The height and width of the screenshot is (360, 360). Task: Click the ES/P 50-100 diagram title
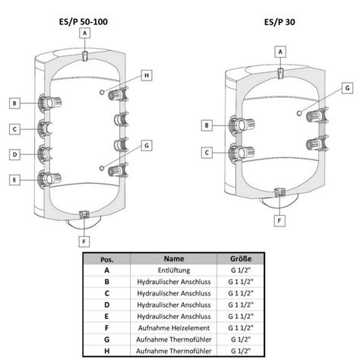[84, 22]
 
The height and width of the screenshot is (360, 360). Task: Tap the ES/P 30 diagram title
[279, 22]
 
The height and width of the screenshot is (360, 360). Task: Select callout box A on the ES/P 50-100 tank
[85, 33]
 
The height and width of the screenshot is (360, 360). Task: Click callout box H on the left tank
[147, 75]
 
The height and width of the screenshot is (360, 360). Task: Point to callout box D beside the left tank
[14, 154]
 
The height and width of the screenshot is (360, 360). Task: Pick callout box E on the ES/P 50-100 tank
[14, 180]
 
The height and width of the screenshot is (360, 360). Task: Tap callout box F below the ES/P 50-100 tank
[84, 242]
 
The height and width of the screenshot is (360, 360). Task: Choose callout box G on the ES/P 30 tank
[347, 88]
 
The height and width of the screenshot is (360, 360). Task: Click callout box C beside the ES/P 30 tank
[207, 153]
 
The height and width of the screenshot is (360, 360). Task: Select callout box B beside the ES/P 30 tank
[207, 125]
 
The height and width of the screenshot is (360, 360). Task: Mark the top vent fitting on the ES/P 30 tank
[280, 73]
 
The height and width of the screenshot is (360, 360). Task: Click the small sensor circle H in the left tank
[102, 92]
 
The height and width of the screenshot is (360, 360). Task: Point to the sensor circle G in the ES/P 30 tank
[299, 113]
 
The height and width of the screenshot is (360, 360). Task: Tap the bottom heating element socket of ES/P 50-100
[84, 216]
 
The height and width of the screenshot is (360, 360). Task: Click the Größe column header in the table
[241, 259]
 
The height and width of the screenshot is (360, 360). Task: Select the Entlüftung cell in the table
[174, 270]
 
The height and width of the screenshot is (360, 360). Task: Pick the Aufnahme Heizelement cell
[174, 328]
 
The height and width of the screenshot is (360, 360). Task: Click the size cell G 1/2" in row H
[241, 351]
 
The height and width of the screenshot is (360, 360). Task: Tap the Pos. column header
[107, 260]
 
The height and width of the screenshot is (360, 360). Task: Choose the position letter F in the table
[107, 328]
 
